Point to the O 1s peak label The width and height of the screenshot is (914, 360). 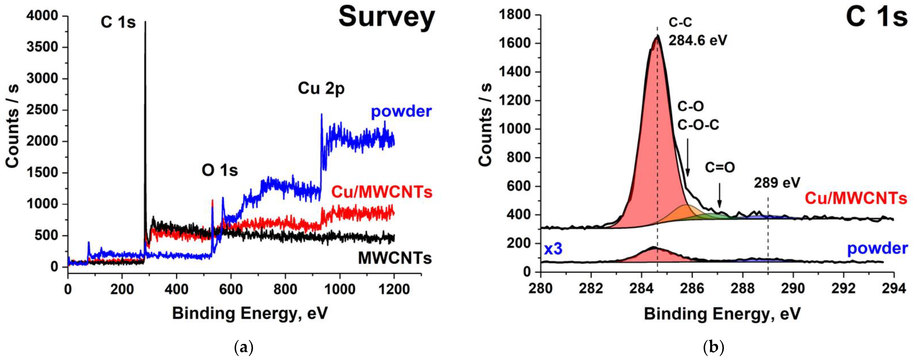[x=220, y=171]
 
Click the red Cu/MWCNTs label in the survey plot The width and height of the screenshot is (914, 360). [x=382, y=192]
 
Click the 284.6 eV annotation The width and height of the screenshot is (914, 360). [x=698, y=40]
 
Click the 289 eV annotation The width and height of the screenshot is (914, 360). [x=777, y=183]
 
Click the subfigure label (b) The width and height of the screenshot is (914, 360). [x=713, y=347]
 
